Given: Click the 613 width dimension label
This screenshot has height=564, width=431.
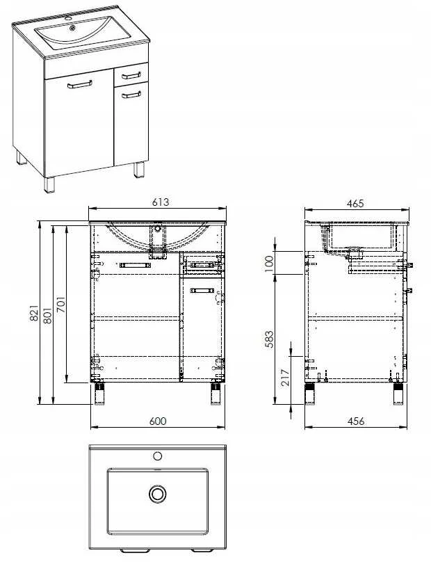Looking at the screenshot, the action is pos(161,202).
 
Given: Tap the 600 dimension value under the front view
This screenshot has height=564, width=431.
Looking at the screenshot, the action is pos(158,421).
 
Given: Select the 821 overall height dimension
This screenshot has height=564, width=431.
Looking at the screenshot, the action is pos(33,313).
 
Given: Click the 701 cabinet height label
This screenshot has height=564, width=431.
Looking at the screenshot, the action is pos(60,305).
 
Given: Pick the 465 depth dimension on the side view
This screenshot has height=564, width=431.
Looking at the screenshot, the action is pos(355,203).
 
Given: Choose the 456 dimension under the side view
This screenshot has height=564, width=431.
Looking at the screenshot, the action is pos(356,421).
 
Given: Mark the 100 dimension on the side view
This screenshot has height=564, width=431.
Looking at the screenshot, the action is pos(269,264).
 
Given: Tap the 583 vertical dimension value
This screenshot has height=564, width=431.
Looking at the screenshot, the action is pos(269,339).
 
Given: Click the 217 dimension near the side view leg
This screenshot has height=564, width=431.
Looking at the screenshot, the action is pos(285,378).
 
